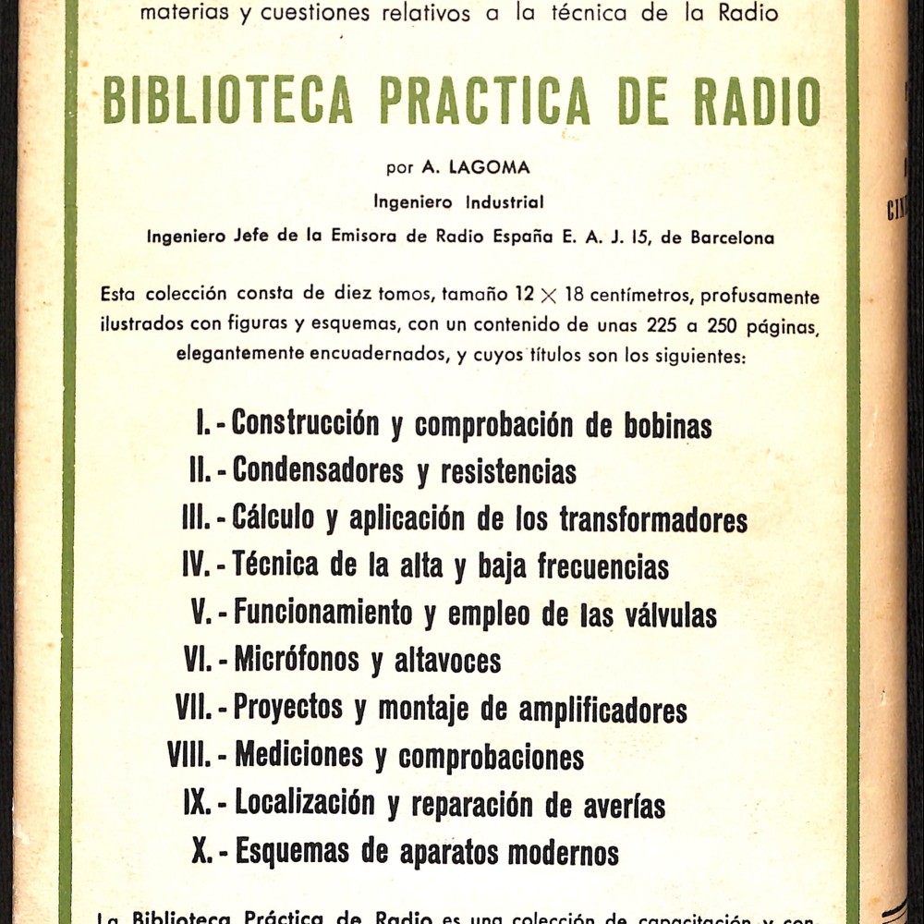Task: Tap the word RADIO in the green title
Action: pyautogui.click(x=758, y=101)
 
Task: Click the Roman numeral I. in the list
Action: pyautogui.click(x=204, y=424)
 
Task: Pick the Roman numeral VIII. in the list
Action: pyautogui.click(x=190, y=755)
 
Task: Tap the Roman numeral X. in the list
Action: pyautogui.click(x=201, y=850)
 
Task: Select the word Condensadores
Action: pyautogui.click(x=318, y=471)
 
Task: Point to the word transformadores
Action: pyautogui.click(x=653, y=519)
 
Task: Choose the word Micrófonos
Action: pyautogui.click(x=297, y=660)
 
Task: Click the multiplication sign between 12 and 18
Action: pyautogui.click(x=550, y=297)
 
